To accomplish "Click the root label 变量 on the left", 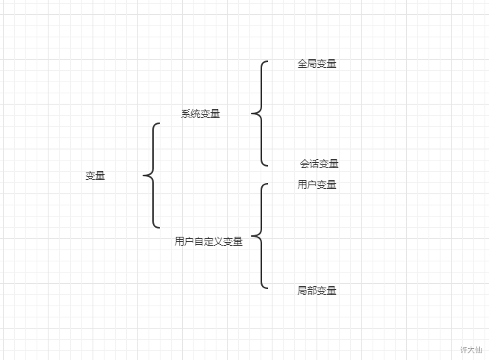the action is point(95,176).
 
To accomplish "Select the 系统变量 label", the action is point(200,114).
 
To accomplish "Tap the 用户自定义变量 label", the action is point(208,241).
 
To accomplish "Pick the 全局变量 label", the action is point(317,64).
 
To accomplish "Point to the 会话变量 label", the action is point(319,164).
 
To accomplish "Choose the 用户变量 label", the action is point(317,185).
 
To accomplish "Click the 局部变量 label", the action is point(317,291).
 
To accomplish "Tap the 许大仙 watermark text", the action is point(471,350).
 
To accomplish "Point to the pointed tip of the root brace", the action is point(143,176).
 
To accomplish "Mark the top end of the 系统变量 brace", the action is point(267,62).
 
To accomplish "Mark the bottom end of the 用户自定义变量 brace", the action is point(267,288).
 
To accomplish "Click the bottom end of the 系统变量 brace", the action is point(267,165).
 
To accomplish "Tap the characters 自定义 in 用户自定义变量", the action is point(208,241).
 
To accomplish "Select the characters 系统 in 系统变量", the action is point(190,114).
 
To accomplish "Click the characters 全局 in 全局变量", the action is point(307,64).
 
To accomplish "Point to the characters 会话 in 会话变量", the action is point(309,164).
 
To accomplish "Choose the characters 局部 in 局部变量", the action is point(307,291).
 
